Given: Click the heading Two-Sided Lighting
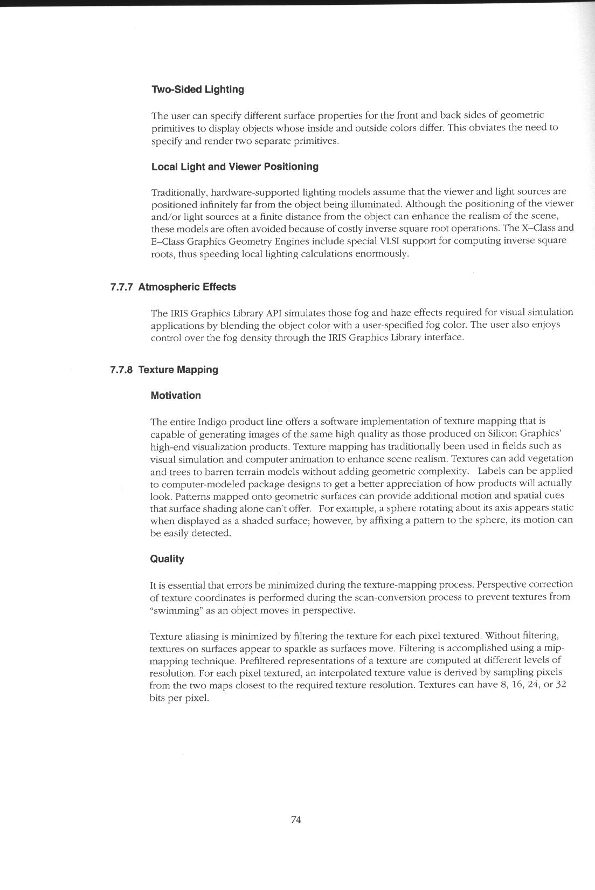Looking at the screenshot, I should (x=197, y=89).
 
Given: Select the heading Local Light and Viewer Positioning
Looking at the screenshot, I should (x=234, y=167).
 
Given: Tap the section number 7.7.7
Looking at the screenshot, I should (x=122, y=287).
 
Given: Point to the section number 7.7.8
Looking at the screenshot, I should (x=122, y=370).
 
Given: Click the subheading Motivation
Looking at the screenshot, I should (x=176, y=396).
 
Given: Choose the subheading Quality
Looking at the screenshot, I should (x=167, y=559).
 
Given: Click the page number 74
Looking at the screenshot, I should (x=296, y=820).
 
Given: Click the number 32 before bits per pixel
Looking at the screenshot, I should (x=561, y=685).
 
